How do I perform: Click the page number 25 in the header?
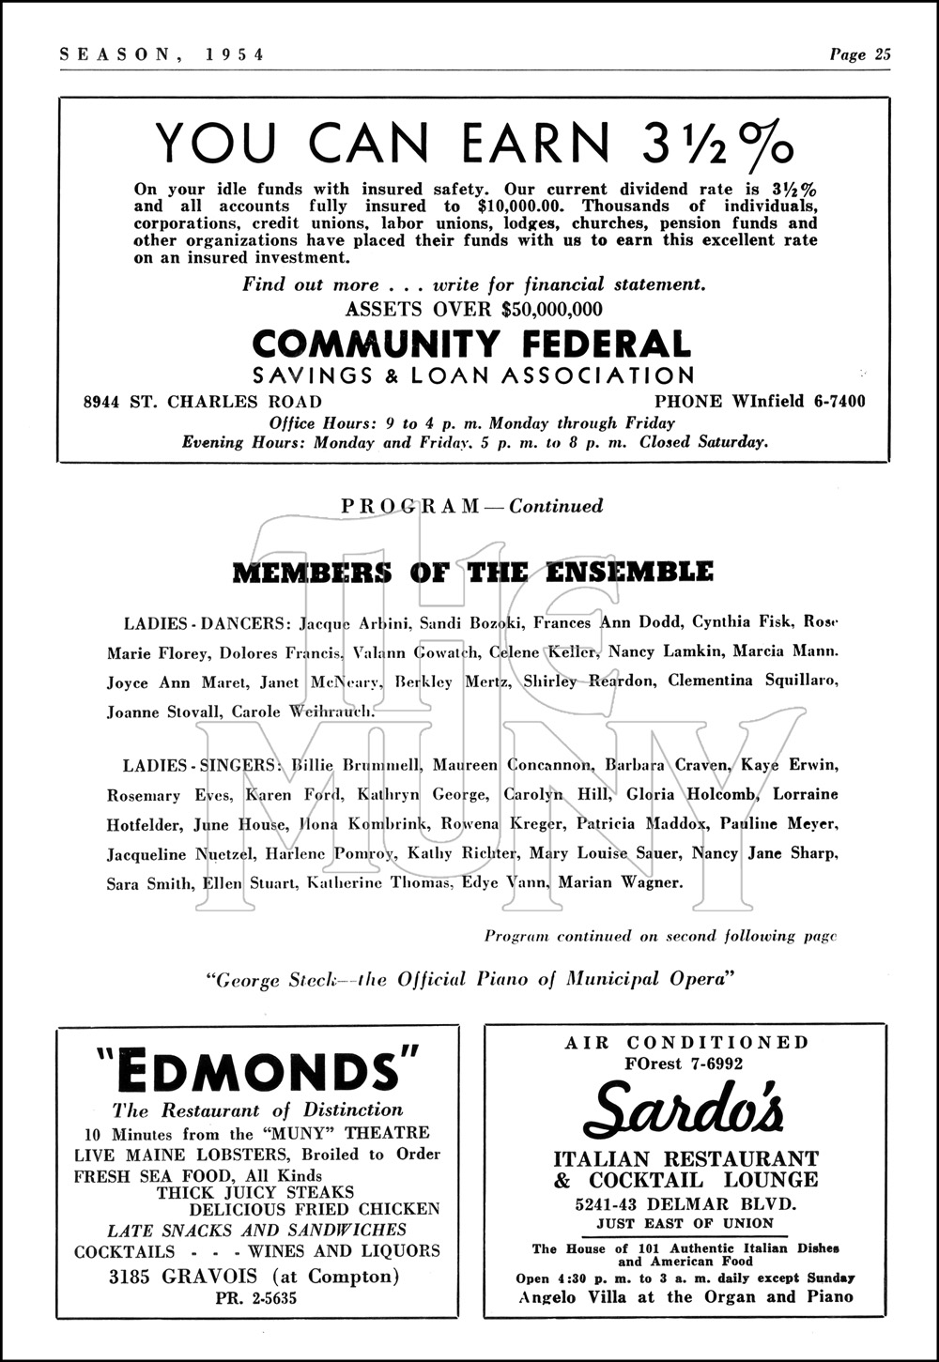click(882, 54)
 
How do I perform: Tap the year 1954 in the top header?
click(234, 54)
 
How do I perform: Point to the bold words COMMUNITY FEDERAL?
click(471, 344)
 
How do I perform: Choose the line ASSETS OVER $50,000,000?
click(474, 309)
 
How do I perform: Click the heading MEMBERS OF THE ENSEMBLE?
click(472, 572)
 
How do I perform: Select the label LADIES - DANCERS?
click(208, 622)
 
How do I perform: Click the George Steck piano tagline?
click(469, 980)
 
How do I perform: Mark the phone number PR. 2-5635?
click(256, 1299)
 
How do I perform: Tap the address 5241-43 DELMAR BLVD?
click(685, 1204)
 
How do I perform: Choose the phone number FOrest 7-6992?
click(685, 1064)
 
